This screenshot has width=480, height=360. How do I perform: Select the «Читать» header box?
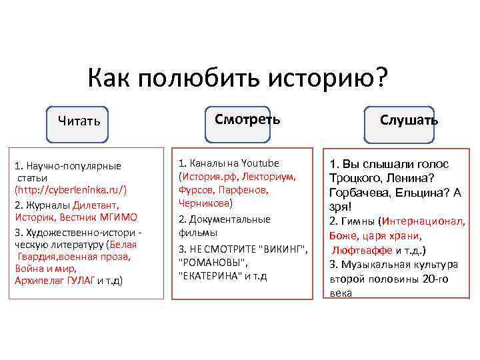point(79,121)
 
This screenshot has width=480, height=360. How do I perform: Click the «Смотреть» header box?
point(247,119)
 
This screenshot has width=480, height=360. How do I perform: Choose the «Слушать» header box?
point(409,120)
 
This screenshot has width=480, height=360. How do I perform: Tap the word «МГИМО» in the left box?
point(119,217)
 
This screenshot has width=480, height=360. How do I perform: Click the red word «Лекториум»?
point(269,177)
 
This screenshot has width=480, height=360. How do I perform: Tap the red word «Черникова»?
point(205,203)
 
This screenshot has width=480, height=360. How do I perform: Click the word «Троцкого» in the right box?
point(357,178)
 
